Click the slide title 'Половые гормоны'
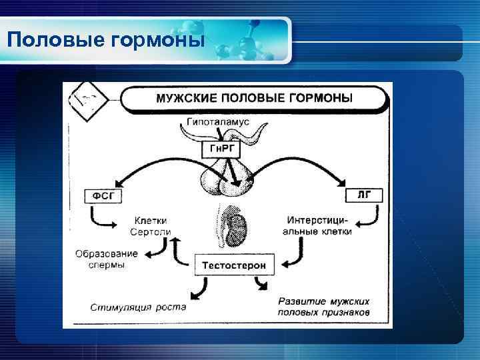pos(105,40)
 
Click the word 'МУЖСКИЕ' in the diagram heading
pos(184,99)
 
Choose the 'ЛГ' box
pos(364,195)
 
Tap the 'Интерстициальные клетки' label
pos(320,225)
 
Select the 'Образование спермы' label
pos(107,259)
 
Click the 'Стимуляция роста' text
pos(139,308)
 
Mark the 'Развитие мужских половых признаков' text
pos(323,307)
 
